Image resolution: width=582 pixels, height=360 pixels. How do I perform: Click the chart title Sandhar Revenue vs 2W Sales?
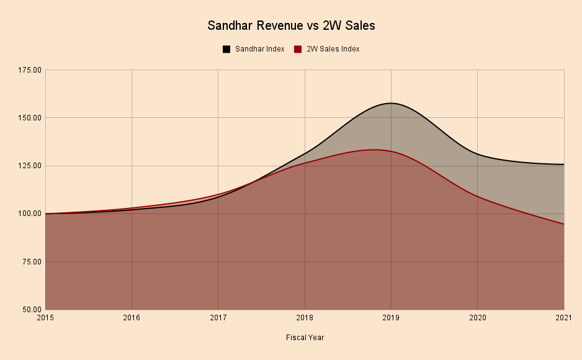(291, 26)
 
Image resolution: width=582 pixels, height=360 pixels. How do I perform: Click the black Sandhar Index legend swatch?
(226, 49)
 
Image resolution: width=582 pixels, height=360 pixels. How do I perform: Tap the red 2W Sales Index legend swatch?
(298, 49)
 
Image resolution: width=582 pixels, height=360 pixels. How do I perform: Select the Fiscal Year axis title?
(305, 338)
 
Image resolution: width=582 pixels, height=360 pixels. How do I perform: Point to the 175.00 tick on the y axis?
(30, 70)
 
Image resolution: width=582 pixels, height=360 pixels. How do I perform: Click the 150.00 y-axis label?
(30, 118)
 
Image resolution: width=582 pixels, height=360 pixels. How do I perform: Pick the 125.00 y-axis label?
(30, 166)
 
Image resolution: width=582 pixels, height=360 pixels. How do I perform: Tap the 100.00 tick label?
(30, 214)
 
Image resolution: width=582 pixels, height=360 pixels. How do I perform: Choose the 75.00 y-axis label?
(32, 261)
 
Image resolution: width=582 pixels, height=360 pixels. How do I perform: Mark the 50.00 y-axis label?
(32, 309)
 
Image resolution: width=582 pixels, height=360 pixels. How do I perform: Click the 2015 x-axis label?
(45, 318)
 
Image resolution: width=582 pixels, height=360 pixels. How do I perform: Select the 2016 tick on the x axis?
(132, 318)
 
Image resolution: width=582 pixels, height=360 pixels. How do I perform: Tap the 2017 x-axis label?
(218, 318)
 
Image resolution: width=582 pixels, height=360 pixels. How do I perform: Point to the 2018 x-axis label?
(305, 318)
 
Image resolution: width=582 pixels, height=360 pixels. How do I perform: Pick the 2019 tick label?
(391, 318)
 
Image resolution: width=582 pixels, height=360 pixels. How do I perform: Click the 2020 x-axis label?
(477, 318)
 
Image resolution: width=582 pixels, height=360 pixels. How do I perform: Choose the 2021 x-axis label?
(563, 318)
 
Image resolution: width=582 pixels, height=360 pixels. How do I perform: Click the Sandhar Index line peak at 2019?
(391, 103)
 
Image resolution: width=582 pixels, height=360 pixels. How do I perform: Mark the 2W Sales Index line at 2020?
(477, 196)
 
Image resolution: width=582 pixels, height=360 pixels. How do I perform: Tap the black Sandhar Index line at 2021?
(563, 164)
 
